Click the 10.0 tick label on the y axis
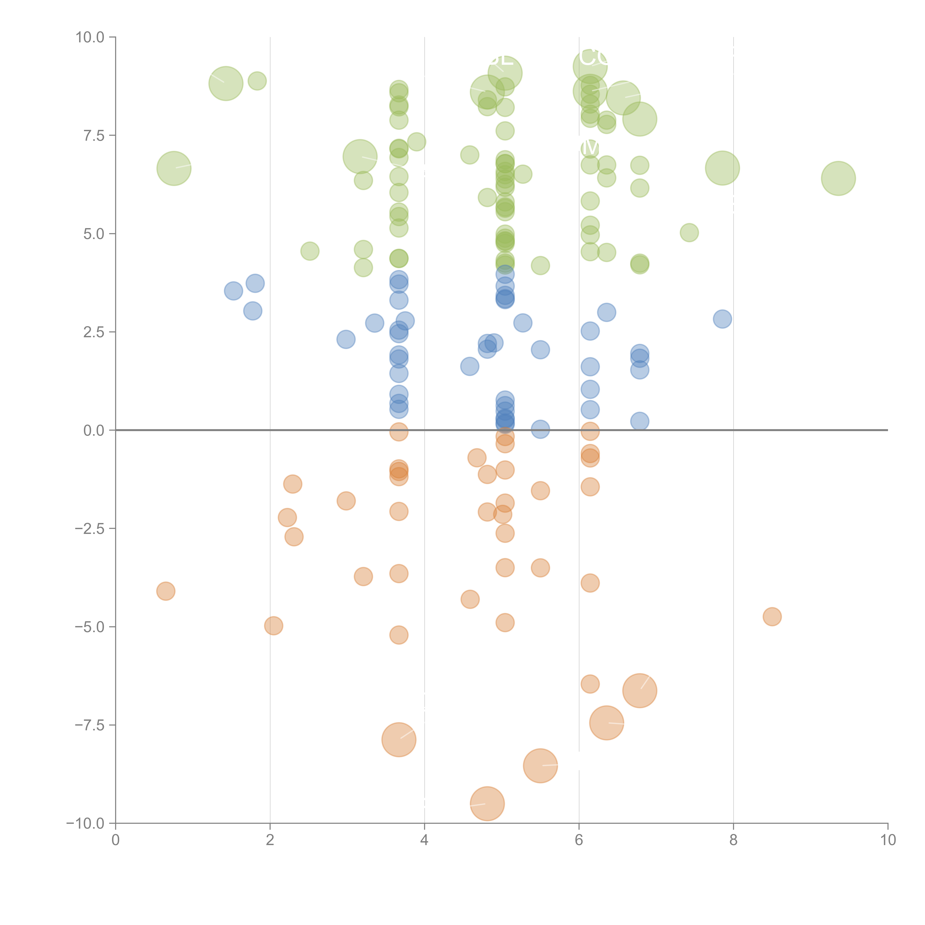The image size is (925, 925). coord(90,37)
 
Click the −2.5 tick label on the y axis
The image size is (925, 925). coord(90,529)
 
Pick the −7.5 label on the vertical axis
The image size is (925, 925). coord(90,725)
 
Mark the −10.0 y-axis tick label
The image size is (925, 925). coord(85,823)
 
